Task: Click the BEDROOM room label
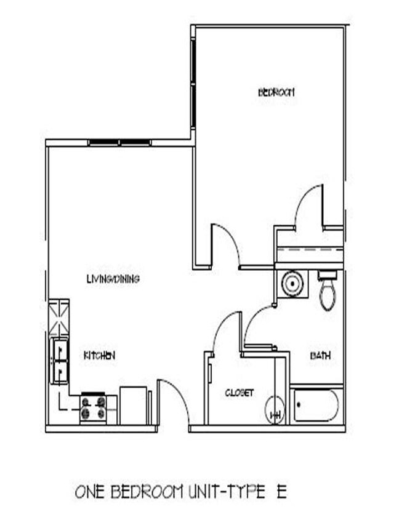coord(276,92)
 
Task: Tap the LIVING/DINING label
coord(113,279)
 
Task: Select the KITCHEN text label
coord(100,355)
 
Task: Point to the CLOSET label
coord(239,393)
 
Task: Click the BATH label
coord(320,355)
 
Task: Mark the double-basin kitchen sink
coord(60,360)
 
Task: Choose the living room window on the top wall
coord(119,143)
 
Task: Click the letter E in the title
coord(281,492)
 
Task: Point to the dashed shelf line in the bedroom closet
coord(310,252)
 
